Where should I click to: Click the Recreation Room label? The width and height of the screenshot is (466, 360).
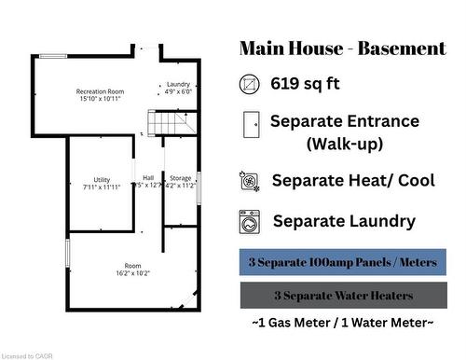click(101, 90)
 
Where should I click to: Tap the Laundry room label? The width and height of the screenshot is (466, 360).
click(178, 84)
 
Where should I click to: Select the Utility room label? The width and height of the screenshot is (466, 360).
click(102, 179)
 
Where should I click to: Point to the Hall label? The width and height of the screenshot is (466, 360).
click(148, 178)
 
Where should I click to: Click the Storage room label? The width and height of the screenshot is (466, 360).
click(180, 178)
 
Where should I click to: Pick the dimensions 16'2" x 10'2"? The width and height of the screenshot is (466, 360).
click(133, 273)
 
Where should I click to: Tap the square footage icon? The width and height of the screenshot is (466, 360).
click(250, 83)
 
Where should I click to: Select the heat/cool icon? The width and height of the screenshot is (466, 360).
click(250, 181)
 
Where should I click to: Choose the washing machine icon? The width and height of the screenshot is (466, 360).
click(250, 222)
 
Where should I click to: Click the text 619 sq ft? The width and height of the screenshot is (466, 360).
click(305, 84)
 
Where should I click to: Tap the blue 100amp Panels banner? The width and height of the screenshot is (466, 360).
click(342, 263)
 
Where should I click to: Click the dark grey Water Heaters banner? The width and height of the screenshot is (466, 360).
click(342, 296)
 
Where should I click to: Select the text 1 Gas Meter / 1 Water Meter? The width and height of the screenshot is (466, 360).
click(342, 322)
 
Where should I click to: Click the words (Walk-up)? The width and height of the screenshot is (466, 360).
click(344, 145)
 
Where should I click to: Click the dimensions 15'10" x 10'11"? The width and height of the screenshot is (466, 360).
click(101, 97)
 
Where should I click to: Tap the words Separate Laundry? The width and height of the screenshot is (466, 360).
click(344, 222)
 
